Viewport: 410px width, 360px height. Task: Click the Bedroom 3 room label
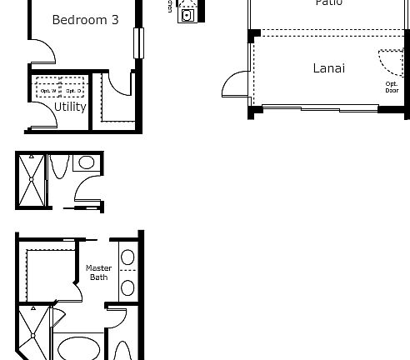point(84,20)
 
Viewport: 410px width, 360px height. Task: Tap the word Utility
point(70,107)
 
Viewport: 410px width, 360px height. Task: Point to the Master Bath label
point(99,272)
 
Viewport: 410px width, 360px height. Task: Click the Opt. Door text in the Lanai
point(391,87)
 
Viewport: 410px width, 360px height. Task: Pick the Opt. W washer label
point(46,90)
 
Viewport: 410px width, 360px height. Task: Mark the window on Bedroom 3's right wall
point(138,43)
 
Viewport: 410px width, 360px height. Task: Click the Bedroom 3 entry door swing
point(43,52)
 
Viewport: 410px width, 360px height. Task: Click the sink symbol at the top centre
point(187,14)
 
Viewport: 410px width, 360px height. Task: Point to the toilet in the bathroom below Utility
point(59,167)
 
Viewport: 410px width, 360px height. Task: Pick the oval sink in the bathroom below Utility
point(85,163)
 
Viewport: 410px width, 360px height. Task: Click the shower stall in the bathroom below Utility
point(31,181)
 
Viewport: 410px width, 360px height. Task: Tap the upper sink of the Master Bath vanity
point(127,257)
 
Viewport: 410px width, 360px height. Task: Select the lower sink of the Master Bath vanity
point(127,287)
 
